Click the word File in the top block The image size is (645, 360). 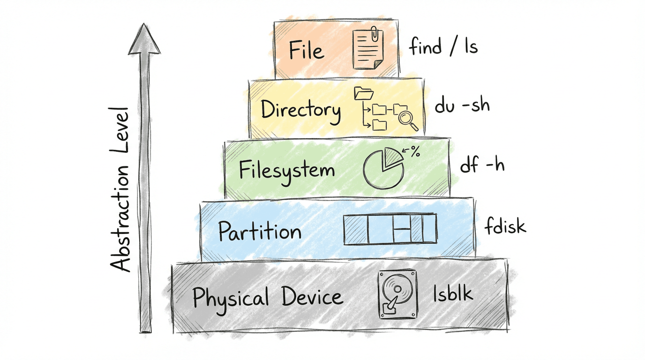click(307, 50)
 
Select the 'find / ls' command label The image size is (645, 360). click(443, 47)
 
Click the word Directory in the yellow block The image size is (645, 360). click(300, 111)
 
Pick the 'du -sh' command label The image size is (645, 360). click(462, 105)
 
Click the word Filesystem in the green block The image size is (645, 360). click(287, 170)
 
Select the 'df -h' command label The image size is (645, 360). click(482, 165)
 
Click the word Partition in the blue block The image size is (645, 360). click(259, 231)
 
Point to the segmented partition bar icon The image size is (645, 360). click(390, 229)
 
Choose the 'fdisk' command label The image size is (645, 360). click(505, 226)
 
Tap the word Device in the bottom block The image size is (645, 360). click(312, 297)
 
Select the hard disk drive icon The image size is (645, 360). click(397, 294)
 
